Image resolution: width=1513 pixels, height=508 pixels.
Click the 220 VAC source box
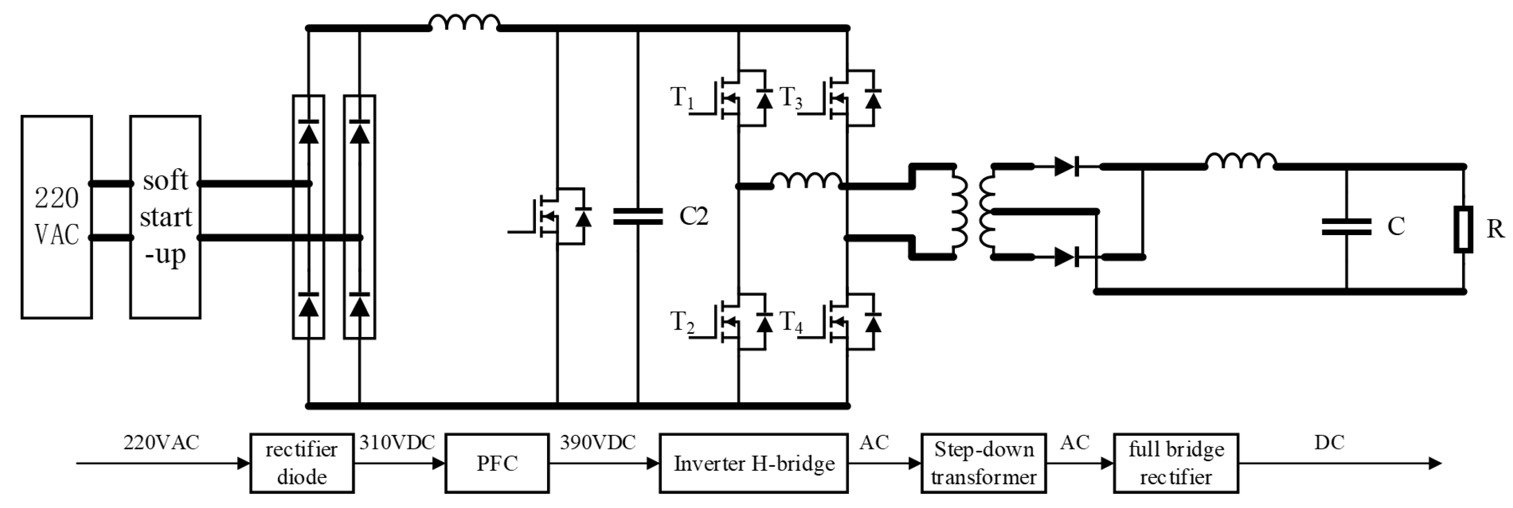[x=56, y=217]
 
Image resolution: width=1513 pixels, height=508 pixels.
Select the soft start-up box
[x=165, y=217]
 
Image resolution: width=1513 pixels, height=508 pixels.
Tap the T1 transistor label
[x=682, y=97]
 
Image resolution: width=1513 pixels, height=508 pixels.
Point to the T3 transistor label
[x=790, y=97]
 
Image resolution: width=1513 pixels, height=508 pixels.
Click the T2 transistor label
[x=682, y=322]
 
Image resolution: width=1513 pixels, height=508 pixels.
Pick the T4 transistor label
[x=790, y=322]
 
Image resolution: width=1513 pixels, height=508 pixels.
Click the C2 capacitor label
[x=693, y=216]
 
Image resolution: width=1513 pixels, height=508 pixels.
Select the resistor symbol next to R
[x=1463, y=229]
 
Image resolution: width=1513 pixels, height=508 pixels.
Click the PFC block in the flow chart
[x=497, y=463]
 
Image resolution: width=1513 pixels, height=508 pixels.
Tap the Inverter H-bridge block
[x=754, y=463]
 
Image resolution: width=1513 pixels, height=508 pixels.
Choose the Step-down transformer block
[x=983, y=463]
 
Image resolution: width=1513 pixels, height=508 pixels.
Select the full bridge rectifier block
[x=1176, y=463]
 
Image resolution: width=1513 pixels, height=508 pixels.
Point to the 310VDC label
[x=397, y=442]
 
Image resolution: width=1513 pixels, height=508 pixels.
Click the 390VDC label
[x=597, y=442]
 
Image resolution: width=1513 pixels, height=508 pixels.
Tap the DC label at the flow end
[x=1329, y=442]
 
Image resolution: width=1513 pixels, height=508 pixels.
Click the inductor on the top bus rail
[x=465, y=23]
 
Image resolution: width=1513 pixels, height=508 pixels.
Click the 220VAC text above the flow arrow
[x=161, y=442]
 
